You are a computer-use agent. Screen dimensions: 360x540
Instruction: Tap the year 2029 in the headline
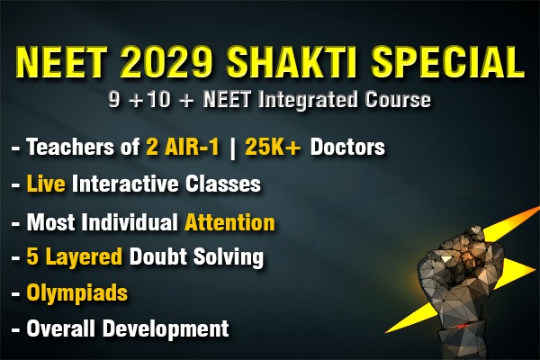[166, 63]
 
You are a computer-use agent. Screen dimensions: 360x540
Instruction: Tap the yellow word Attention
[230, 221]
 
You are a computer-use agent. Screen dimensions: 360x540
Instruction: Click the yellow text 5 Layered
[73, 257]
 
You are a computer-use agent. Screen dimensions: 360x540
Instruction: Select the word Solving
[229, 257]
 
